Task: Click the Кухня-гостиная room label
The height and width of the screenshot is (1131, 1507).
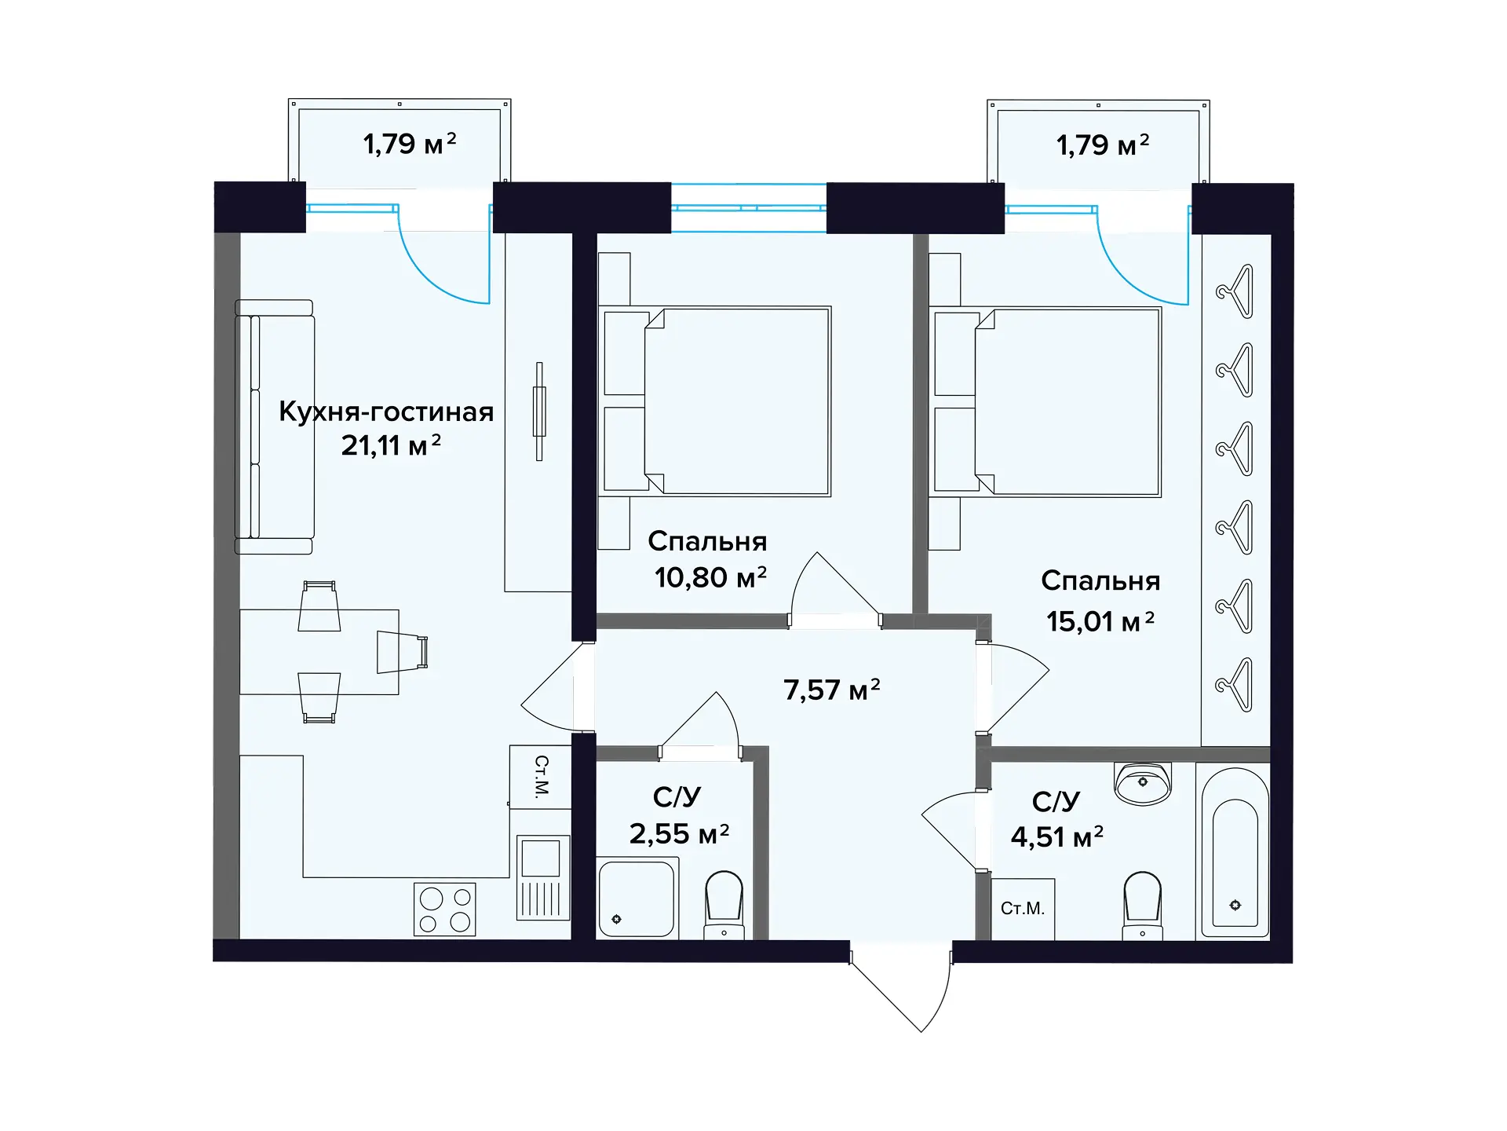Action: [386, 412]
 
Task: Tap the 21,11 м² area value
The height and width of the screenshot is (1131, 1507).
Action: [391, 445]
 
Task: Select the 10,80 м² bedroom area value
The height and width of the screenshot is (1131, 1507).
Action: [710, 577]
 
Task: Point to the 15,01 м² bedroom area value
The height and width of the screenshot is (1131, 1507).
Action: [1100, 621]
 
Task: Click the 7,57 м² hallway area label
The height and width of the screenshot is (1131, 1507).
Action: [832, 690]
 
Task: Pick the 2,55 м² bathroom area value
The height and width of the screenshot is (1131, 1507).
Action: [680, 833]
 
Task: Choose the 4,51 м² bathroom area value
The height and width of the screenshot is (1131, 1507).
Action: [1057, 836]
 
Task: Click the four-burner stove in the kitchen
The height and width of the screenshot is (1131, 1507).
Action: [445, 910]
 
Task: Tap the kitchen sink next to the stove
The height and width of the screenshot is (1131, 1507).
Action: [542, 877]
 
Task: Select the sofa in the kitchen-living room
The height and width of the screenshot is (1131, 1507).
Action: [275, 427]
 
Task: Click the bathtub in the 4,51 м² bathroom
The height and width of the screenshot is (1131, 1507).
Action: [1235, 853]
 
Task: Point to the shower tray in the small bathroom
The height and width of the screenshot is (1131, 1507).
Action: [637, 897]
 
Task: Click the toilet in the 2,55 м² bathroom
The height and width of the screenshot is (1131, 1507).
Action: [724, 904]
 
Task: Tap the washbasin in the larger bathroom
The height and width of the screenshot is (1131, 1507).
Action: [1143, 783]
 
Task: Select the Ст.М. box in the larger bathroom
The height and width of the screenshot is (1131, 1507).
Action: [1023, 909]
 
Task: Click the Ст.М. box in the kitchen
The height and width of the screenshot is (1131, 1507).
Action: [541, 776]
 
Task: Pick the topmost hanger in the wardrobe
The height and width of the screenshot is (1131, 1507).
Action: [1235, 291]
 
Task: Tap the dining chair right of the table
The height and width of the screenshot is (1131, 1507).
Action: [403, 652]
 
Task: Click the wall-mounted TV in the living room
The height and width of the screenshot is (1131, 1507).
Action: [539, 412]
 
